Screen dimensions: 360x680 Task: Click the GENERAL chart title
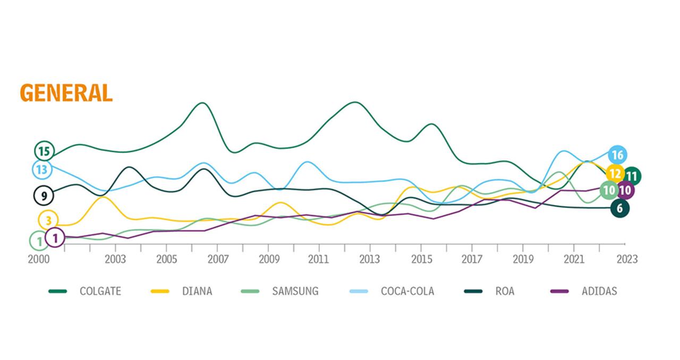[66, 92]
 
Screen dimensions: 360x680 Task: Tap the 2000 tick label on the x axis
[39, 260]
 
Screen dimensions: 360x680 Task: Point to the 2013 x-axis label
[370, 260]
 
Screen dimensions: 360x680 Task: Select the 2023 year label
[627, 260]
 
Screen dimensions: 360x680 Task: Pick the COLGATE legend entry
[100, 291]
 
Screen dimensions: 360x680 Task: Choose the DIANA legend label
[197, 291]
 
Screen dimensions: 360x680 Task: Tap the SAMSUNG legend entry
[295, 291]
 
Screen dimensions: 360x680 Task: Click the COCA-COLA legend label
[407, 291]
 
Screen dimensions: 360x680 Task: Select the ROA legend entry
[504, 291]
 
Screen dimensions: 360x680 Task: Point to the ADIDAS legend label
[599, 291]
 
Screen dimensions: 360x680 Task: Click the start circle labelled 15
[44, 151]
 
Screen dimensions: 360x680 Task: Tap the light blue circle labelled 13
[42, 170]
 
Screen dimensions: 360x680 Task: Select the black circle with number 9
[44, 195]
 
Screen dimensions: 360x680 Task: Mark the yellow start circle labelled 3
[48, 220]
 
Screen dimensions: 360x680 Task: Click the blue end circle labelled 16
[617, 155]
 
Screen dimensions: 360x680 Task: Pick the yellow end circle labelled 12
[615, 173]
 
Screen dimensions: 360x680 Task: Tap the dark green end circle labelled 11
[632, 175]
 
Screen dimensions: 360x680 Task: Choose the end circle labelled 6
[619, 208]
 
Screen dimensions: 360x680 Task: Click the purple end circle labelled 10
[626, 190]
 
